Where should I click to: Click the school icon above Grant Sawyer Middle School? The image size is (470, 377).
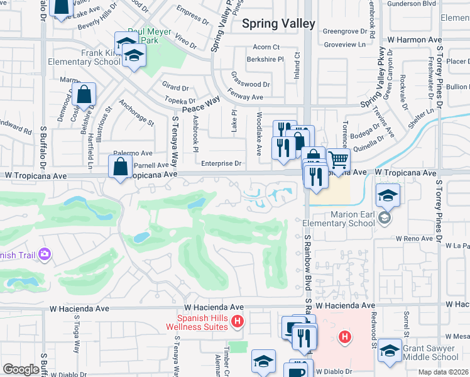tap(390, 352)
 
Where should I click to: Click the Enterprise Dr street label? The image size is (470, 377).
tap(222, 163)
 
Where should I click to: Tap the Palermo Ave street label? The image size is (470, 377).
tap(133, 153)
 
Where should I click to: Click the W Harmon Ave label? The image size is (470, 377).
tap(414, 40)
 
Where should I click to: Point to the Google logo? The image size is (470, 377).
tap(21, 369)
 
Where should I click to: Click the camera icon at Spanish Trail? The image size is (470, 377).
tap(45, 254)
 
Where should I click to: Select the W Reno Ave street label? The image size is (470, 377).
tap(415, 239)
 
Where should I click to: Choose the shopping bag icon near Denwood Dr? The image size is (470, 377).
tap(84, 96)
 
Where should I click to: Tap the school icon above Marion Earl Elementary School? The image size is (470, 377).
tap(388, 197)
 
